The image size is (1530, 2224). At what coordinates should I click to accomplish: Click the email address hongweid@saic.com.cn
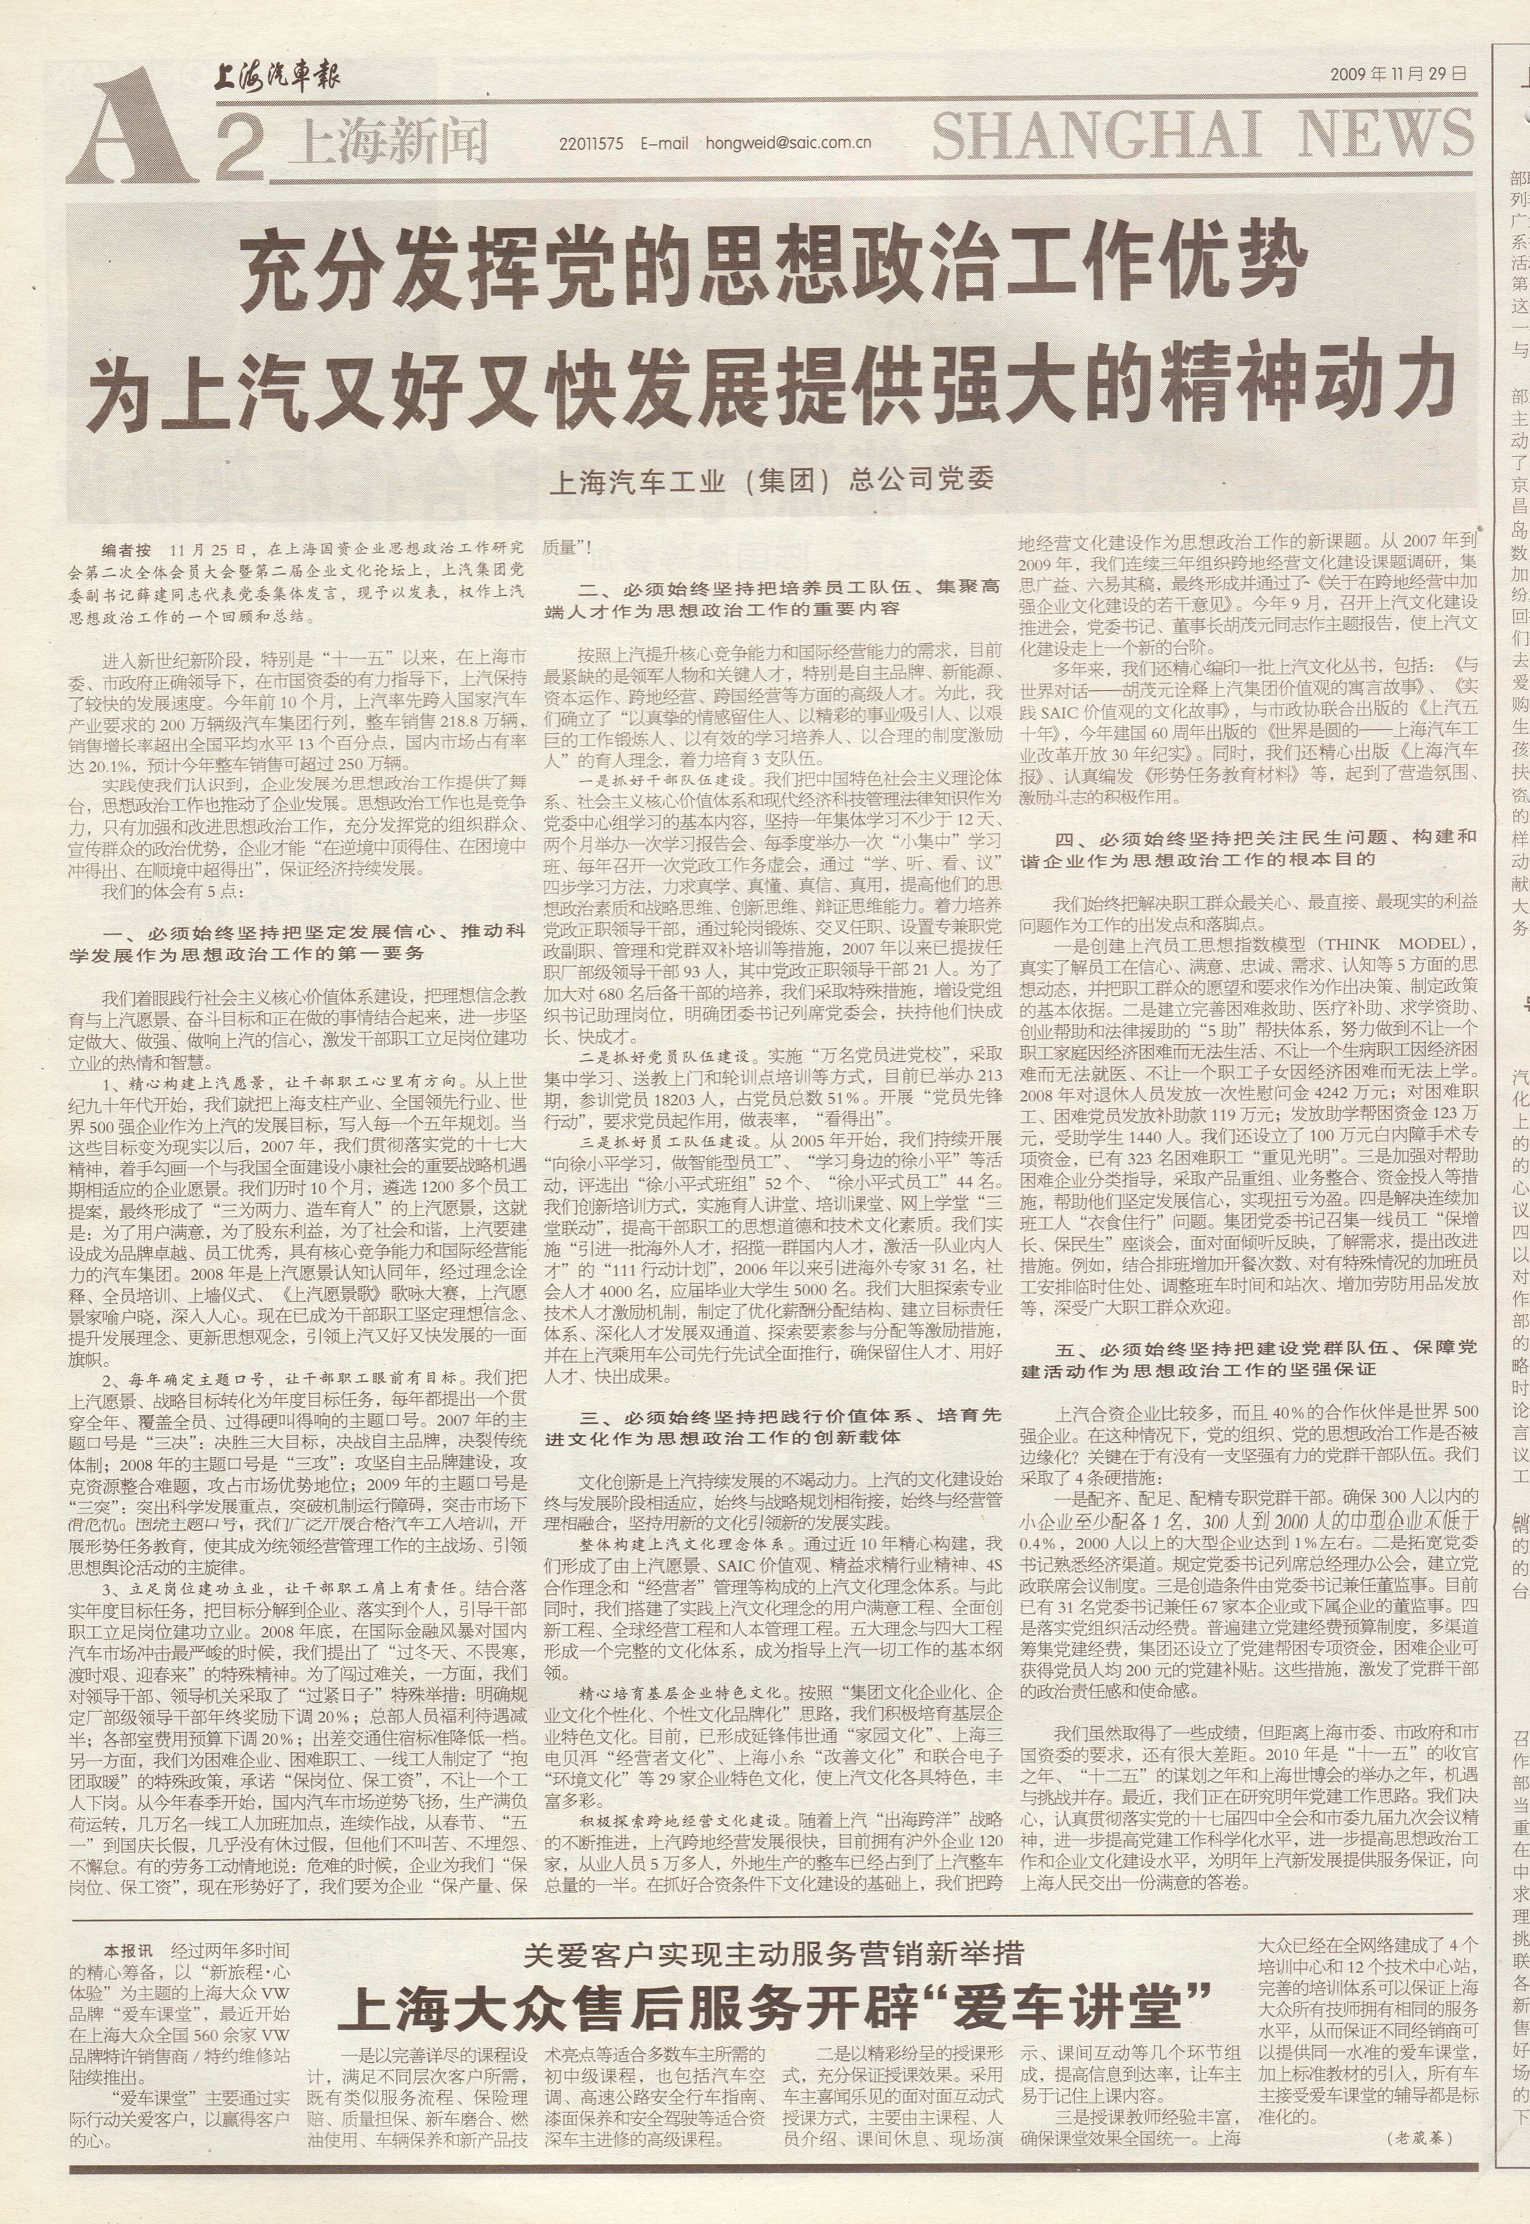coord(788,144)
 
